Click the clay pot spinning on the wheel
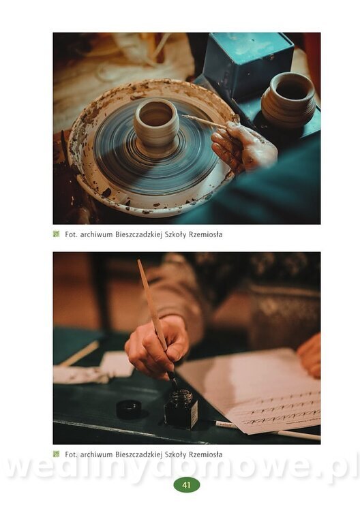[x=157, y=127]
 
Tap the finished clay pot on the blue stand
[x=288, y=99]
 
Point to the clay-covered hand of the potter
[x=243, y=146]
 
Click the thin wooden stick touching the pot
[x=204, y=121]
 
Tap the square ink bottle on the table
[x=181, y=409]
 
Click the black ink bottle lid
[x=129, y=409]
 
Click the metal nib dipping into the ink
[x=172, y=379]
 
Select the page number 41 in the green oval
[x=187, y=485]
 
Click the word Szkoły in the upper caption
[x=175, y=234]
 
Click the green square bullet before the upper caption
[x=57, y=234]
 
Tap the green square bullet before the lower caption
[x=57, y=454]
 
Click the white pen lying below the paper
[x=267, y=429]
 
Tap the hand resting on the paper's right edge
[x=310, y=356]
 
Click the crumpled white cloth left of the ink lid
[x=82, y=375]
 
